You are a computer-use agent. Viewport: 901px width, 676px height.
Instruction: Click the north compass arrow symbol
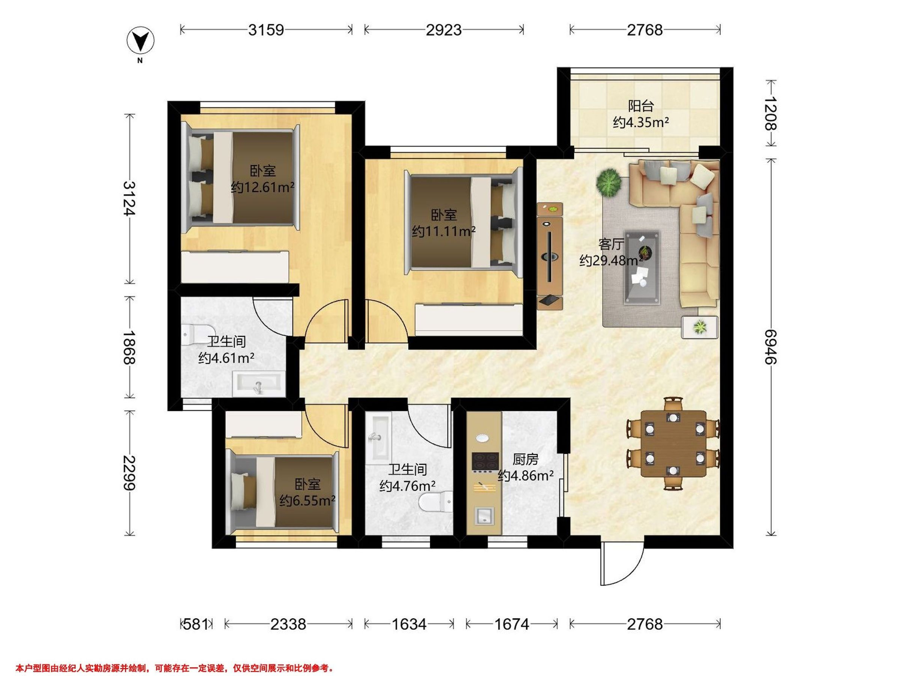click(x=140, y=42)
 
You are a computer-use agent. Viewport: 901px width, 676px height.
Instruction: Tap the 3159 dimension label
click(x=266, y=30)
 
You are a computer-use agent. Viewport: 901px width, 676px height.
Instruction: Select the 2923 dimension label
click(x=444, y=30)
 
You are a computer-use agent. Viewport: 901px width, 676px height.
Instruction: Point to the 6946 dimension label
click(x=770, y=347)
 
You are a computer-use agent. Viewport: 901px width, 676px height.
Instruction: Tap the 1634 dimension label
click(x=409, y=624)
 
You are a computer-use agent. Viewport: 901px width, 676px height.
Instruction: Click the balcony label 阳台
click(x=641, y=106)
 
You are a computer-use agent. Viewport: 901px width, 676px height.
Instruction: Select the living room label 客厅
click(x=611, y=244)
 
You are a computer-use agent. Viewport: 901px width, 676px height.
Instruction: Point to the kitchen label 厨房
click(x=526, y=459)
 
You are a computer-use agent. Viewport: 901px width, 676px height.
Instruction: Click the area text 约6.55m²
click(x=307, y=500)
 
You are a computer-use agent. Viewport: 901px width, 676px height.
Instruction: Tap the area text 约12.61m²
click(x=263, y=187)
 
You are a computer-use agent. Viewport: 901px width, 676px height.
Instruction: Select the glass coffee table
click(x=642, y=267)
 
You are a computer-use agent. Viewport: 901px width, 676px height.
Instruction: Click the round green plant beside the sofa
click(x=608, y=183)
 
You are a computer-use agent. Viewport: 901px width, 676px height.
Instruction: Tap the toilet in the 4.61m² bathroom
click(x=197, y=334)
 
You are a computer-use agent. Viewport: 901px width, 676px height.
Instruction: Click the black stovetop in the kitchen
click(x=485, y=461)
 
